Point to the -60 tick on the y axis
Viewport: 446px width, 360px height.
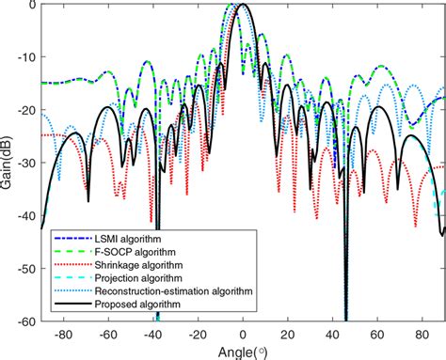[x=27, y=321]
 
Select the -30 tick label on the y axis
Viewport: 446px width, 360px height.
[x=27, y=163]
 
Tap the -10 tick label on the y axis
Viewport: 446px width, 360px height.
[x=27, y=56]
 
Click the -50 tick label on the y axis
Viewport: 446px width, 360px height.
[x=27, y=269]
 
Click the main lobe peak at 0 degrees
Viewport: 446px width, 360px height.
[x=244, y=5]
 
